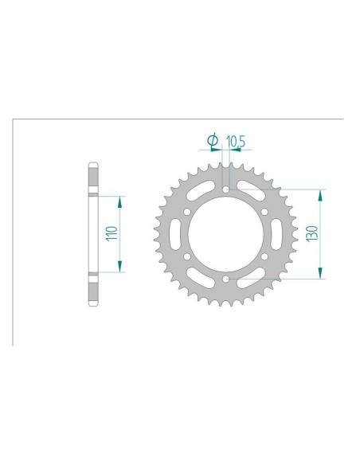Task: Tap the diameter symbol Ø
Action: coord(213,140)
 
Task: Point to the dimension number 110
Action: coord(112,233)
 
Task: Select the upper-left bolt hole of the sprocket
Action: coord(186,212)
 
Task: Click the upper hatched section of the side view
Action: coord(92,178)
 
